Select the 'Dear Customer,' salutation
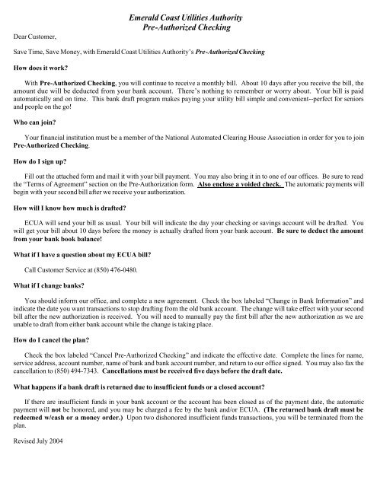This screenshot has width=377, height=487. click(35, 34)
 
